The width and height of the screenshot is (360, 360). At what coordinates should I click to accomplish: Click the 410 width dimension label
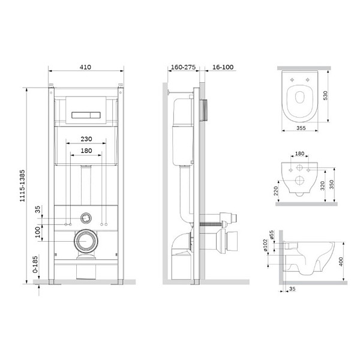pos(85,67)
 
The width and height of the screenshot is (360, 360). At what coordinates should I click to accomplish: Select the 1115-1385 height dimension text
pos(22,186)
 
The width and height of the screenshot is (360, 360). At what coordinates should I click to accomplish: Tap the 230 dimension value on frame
pos(86,139)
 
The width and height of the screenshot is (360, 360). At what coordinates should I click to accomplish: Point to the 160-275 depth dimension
pos(183,67)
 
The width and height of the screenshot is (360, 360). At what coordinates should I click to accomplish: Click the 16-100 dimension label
pos(223,67)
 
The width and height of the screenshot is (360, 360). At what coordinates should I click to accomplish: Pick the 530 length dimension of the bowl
pos(325,95)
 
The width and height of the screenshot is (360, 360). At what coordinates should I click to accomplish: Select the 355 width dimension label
pos(301,128)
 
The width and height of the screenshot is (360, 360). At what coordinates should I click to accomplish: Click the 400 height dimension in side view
pos(341,262)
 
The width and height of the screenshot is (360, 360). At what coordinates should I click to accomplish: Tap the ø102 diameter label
pos(265,245)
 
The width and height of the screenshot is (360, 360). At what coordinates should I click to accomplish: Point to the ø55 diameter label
pos(272,235)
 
